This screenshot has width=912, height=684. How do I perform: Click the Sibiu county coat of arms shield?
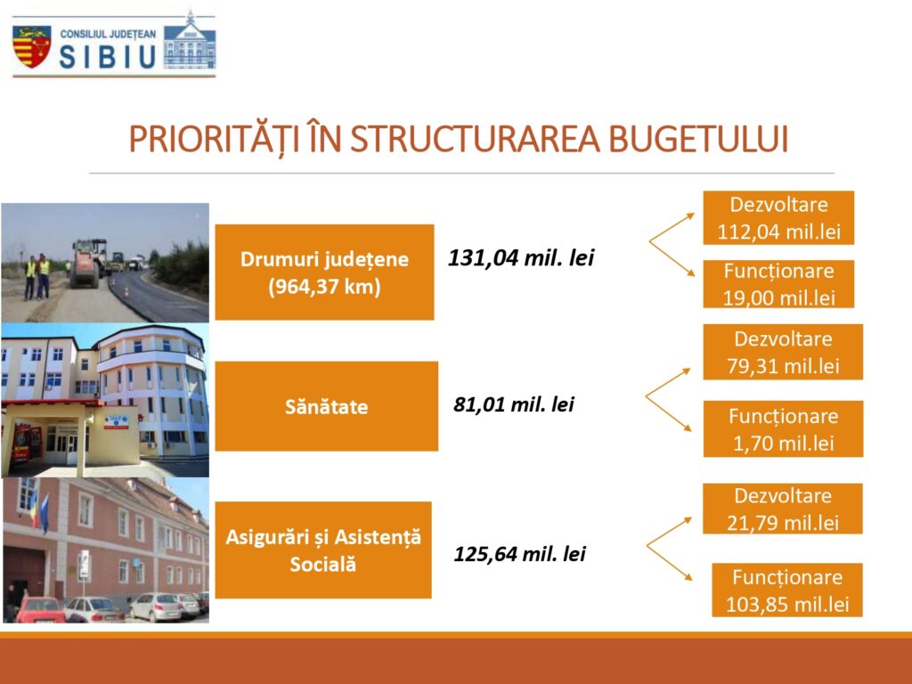click(x=31, y=46)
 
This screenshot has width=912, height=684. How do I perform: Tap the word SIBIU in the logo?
click(x=108, y=57)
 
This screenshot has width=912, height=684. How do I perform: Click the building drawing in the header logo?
click(x=190, y=41)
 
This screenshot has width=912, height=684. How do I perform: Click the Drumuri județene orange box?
click(x=324, y=273)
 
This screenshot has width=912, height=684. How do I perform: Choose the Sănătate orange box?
click(x=326, y=406)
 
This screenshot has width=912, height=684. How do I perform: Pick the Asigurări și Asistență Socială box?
click(x=323, y=550)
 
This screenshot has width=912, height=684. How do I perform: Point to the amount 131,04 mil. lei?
click(x=521, y=257)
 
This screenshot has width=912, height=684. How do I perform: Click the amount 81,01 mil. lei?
click(x=514, y=404)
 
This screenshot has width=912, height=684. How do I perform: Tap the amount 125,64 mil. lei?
click(x=519, y=554)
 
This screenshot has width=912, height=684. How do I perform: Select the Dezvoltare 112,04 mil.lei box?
click(x=778, y=217)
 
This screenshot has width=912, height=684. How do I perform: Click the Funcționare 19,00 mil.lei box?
click(x=778, y=284)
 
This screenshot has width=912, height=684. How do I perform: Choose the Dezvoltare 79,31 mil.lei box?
click(x=783, y=352)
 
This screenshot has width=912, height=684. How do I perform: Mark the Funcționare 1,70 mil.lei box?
click(x=783, y=428)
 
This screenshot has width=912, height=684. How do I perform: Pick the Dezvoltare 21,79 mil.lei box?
click(x=782, y=509)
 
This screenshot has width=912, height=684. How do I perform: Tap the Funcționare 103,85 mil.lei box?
click(x=787, y=590)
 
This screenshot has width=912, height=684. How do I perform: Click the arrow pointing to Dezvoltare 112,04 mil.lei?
click(x=672, y=227)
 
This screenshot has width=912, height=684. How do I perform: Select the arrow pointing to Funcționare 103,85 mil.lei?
click(x=670, y=563)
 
